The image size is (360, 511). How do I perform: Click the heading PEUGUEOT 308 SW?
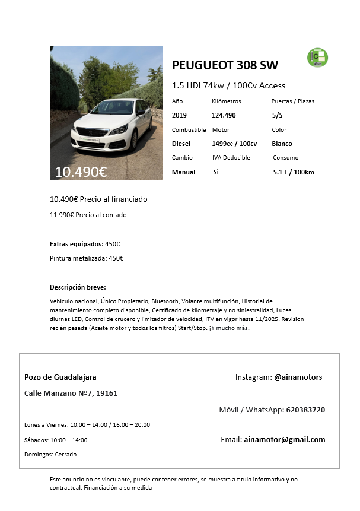coord(225,65)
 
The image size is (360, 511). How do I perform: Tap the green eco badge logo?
coord(317,58)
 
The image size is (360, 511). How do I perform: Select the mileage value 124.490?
coord(224,115)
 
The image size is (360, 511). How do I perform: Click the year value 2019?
coord(179,115)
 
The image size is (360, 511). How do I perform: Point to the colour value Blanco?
coord(282,144)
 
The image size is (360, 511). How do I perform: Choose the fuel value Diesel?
coord(181,144)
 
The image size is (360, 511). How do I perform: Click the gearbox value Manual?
coord(183,172)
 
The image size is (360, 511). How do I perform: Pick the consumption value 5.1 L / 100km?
coord(294,172)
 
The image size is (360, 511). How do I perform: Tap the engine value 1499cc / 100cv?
coord(234,144)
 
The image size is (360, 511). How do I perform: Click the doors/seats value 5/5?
coord(277,115)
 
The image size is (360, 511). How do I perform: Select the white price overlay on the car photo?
coord(81,172)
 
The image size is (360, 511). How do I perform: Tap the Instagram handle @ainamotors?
coord(298,377)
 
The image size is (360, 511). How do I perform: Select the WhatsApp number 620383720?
coord(305,410)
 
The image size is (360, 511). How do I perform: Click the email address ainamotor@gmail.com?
coord(285,440)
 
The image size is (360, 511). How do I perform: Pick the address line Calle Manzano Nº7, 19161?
coord(71,393)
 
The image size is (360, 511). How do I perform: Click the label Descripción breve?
coord(78,287)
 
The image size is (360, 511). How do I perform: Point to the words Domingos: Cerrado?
coord(50,455)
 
